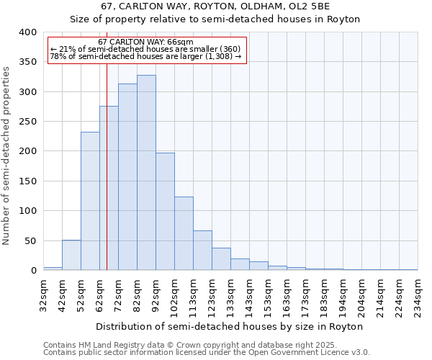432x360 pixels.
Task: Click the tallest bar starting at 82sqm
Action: point(146,173)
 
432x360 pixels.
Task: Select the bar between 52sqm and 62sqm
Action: point(90,201)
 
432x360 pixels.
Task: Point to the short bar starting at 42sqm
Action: point(71,255)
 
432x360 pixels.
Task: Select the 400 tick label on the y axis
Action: point(27,32)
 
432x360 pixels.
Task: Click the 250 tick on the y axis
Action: point(27,122)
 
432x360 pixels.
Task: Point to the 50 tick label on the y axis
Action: point(30,240)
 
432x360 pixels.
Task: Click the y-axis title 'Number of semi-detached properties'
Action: point(6,155)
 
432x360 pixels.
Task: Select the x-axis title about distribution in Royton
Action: point(230,326)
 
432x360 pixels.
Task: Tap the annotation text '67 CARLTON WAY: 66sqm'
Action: point(145,42)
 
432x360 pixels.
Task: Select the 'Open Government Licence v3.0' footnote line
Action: point(207,353)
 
